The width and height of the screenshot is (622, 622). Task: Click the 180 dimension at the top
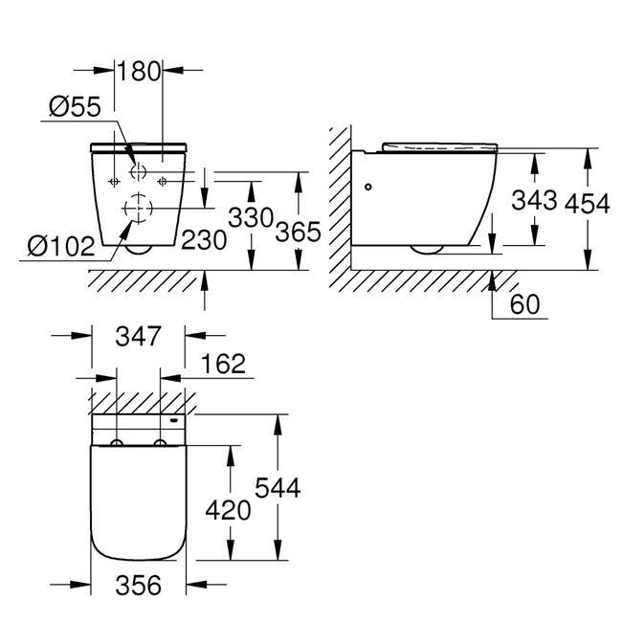[139, 72]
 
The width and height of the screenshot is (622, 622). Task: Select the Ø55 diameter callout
[75, 107]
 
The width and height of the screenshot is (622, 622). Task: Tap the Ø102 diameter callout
[61, 246]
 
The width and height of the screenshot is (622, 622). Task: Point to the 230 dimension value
[204, 240]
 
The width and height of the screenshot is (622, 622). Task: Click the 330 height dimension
[251, 217]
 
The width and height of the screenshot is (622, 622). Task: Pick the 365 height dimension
[298, 232]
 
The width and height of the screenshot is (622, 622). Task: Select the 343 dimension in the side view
[534, 200]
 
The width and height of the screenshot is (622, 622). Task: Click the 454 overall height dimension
[588, 204]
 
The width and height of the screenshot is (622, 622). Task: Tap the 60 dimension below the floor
[525, 304]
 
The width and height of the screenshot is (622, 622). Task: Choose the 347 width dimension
[139, 336]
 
